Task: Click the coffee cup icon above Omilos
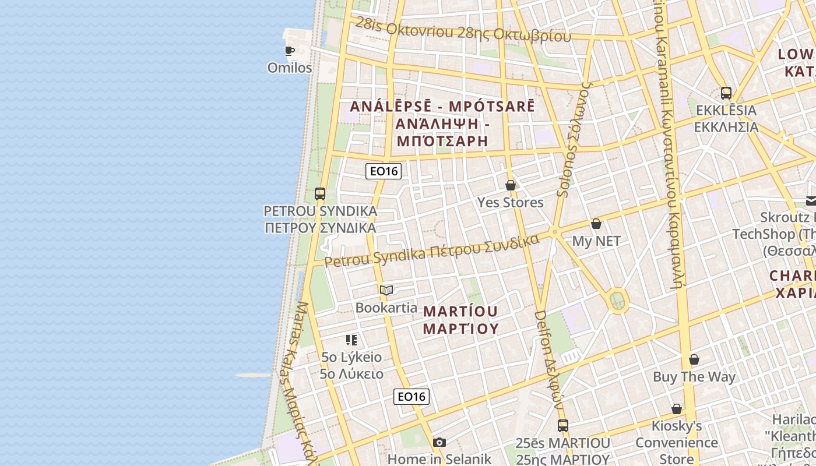(290, 51)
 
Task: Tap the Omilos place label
(290, 68)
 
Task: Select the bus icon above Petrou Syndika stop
(320, 194)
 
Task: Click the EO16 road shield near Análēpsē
(384, 171)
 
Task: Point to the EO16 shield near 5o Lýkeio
(411, 397)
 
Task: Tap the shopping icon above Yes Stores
(511, 185)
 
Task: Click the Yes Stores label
(511, 203)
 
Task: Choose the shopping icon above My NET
(596, 224)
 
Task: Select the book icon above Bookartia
(386, 290)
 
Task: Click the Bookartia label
(386, 308)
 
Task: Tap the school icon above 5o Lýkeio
(351, 340)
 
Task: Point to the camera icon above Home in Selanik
(439, 443)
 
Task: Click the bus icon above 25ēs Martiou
(562, 426)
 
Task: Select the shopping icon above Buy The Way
(694, 359)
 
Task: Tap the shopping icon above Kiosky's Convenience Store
(677, 409)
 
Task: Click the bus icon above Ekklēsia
(726, 93)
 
